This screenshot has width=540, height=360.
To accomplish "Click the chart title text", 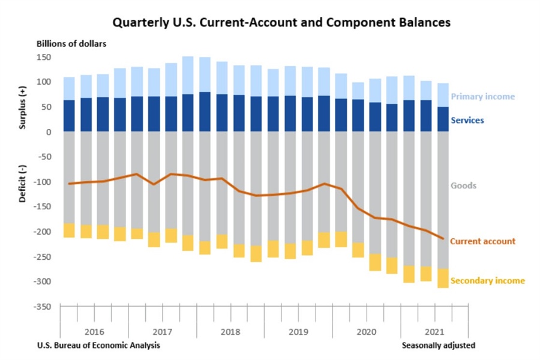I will point(281,23).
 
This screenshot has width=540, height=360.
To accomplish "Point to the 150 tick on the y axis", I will point(43,57).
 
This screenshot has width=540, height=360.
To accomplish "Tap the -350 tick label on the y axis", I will point(41,307).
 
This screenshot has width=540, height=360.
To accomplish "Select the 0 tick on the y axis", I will point(48,132).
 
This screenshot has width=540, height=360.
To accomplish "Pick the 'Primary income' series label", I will point(482,97).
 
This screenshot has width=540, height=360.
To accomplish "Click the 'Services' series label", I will point(467,120).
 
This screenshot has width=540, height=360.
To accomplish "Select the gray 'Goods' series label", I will point(463,185).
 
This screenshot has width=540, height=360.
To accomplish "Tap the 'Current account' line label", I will point(482,241).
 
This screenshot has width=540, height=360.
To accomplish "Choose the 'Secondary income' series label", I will point(487,281).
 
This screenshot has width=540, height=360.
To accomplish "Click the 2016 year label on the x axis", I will point(94,331).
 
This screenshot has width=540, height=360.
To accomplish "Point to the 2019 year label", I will point(298,331).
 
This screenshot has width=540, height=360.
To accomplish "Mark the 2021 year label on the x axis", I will point(434,331).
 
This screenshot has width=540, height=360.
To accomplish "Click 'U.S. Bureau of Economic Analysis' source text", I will point(98,346).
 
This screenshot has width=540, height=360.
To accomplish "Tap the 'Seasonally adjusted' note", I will point(438,346).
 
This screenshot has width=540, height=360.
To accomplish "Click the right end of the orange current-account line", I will point(443,239).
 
